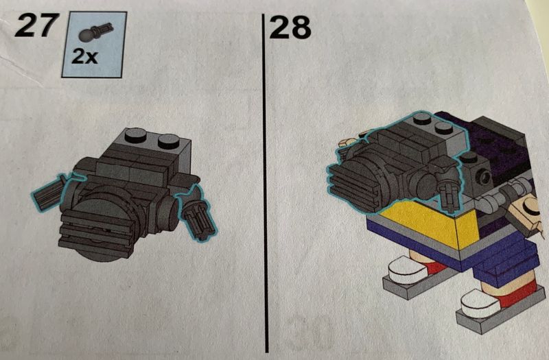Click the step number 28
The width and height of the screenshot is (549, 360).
[x=290, y=27]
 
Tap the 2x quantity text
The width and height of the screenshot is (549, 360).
[x=84, y=56]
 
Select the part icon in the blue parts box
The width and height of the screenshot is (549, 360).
[x=95, y=32]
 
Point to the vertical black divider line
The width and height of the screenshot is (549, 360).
[x=265, y=182]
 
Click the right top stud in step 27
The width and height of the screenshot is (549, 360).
[x=169, y=141]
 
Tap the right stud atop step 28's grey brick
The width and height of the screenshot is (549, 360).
[x=445, y=128]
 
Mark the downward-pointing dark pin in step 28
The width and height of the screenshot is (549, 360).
[x=449, y=197]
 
